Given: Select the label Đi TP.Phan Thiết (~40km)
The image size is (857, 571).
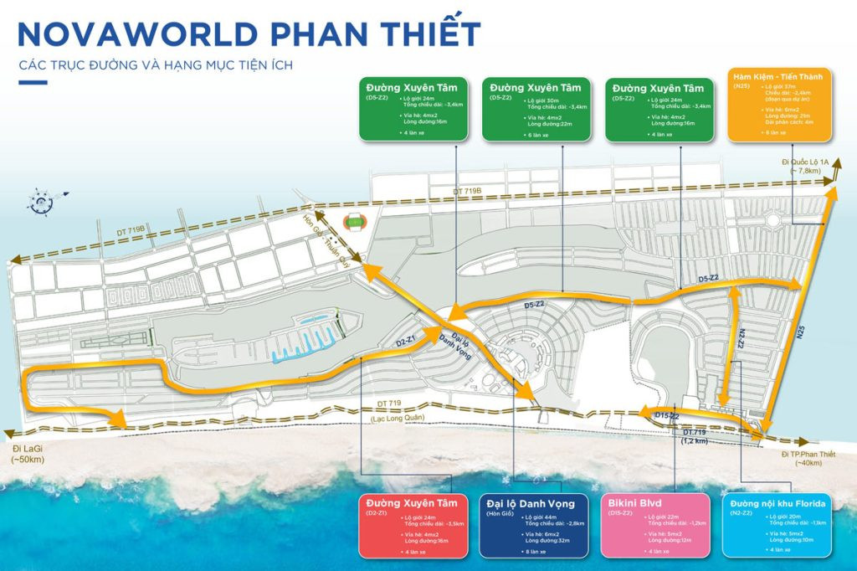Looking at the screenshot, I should [810, 457].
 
